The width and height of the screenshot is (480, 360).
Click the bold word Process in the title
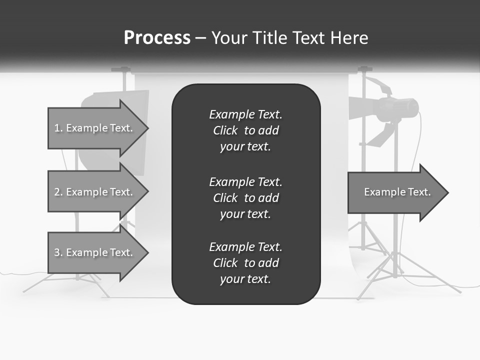tap(157, 37)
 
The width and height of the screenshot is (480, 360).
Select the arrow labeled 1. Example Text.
tap(93, 128)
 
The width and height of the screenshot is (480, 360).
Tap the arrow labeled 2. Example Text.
tap(93, 192)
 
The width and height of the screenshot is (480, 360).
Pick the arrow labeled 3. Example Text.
tap(93, 252)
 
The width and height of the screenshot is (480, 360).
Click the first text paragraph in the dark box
tap(245, 130)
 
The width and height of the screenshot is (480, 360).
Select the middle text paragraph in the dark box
tap(245, 198)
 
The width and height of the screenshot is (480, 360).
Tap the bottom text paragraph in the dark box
tap(245, 263)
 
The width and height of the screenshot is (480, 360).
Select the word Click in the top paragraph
tap(225, 130)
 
